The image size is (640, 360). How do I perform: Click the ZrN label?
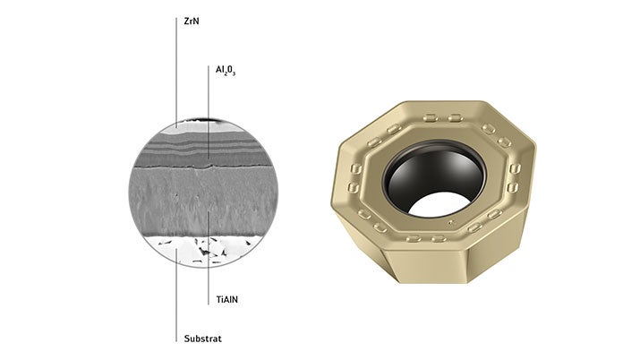click(192, 21)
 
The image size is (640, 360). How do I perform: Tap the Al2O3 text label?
click(226, 71)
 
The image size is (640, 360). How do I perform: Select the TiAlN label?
click(227, 300)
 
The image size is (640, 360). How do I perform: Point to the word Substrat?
click(203, 339)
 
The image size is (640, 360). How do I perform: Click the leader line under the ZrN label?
click(176, 73)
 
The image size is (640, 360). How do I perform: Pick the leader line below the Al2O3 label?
click(209, 112)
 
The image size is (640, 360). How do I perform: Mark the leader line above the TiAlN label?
click(209, 258)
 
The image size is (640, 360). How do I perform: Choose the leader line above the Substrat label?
click(176, 296)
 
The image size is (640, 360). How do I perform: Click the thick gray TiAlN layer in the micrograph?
click(203, 201)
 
